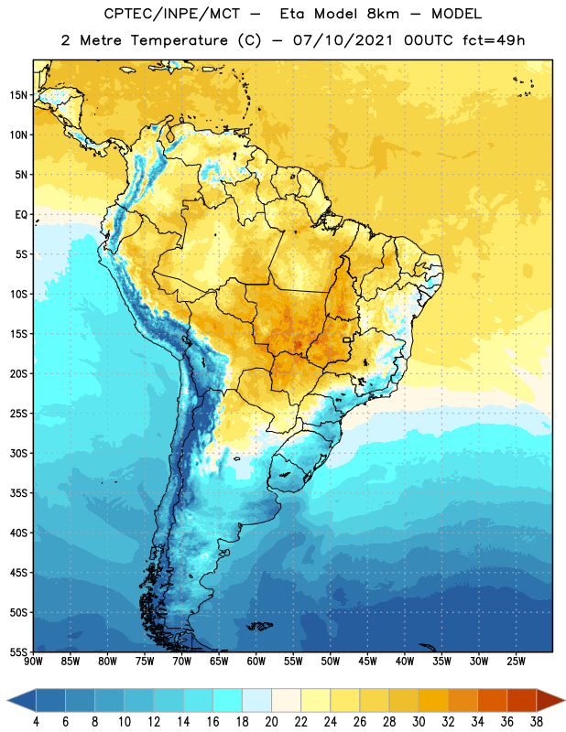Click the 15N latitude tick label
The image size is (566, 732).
tap(18, 95)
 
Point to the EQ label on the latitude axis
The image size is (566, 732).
tap(21, 215)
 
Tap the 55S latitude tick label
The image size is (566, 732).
tap(18, 651)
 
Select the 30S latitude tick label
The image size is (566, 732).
tap(18, 453)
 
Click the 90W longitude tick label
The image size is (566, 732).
tap(33, 662)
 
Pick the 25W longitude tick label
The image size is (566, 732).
tap(516, 662)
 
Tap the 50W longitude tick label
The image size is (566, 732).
tap(331, 662)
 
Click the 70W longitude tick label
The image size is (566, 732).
tap(182, 662)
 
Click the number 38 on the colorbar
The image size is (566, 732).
tap(537, 722)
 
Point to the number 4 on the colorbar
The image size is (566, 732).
tap(36, 722)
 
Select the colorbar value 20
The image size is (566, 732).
tap(271, 722)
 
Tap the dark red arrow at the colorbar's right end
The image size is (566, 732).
tap(550, 701)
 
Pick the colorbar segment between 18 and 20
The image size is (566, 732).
tap(257, 701)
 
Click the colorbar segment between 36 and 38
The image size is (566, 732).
tap(522, 701)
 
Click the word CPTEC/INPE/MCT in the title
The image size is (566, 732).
tap(171, 14)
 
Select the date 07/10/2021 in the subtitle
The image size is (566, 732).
tap(343, 40)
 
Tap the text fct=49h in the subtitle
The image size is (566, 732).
tap(494, 40)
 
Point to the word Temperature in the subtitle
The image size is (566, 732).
tap(179, 40)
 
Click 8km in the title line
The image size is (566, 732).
tap(383, 14)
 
